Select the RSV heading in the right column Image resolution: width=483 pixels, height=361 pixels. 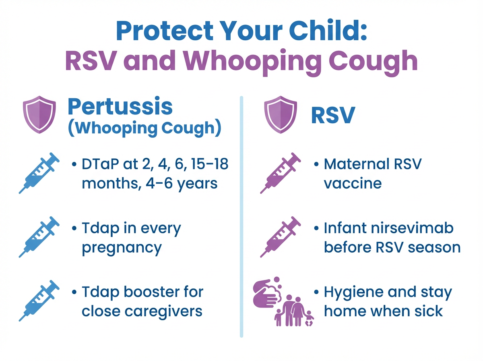[x=332, y=115]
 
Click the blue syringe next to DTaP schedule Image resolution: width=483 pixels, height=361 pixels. [x=39, y=173]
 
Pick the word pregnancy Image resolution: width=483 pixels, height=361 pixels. [x=122, y=248]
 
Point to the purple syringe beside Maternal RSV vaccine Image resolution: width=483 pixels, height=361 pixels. [x=281, y=173]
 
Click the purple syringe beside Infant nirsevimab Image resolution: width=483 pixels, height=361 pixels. [x=281, y=237]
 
